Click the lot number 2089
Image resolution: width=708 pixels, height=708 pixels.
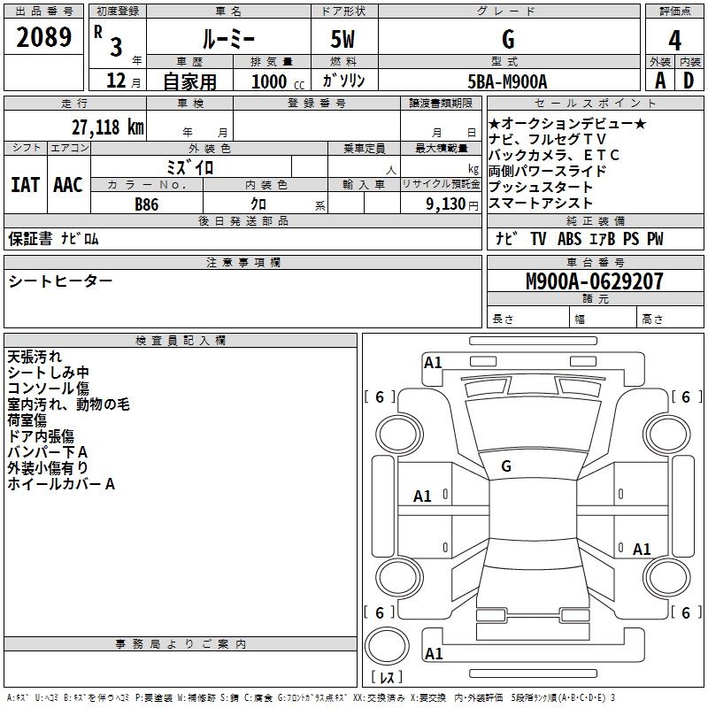pyautogui.click(x=44, y=37)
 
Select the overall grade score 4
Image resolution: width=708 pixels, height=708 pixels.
pyautogui.click(x=674, y=40)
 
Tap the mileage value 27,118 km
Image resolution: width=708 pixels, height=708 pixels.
pyautogui.click(x=103, y=127)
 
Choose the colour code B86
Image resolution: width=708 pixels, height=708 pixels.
pyautogui.click(x=148, y=204)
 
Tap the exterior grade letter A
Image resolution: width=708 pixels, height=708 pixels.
pyautogui.click(x=659, y=81)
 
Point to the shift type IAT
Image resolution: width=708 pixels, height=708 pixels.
pyautogui.click(x=25, y=185)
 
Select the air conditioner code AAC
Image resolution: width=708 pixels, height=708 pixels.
pyautogui.click(x=68, y=185)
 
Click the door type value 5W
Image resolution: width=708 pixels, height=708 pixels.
pyautogui.click(x=343, y=40)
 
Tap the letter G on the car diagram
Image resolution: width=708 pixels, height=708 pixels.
pyautogui.click(x=506, y=466)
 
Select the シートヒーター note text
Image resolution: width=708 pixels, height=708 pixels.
pyautogui.click(x=60, y=281)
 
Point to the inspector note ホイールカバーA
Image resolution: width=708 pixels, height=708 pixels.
pyautogui.click(x=61, y=484)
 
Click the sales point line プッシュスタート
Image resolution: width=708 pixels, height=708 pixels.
pyautogui.click(x=540, y=187)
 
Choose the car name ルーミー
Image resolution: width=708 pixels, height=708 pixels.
pyautogui.click(x=227, y=40)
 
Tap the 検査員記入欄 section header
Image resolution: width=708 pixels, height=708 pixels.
pyautogui.click(x=181, y=340)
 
